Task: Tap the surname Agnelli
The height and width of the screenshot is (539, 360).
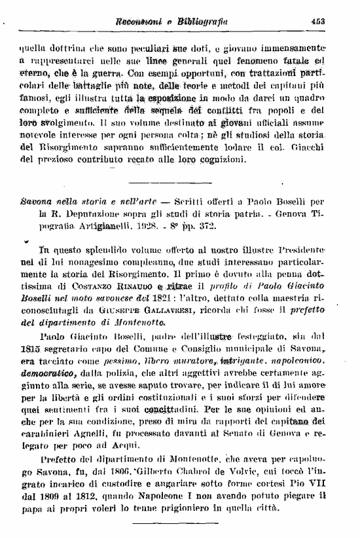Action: (x=90, y=444)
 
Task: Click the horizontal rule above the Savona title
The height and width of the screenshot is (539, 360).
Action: (x=179, y=183)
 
